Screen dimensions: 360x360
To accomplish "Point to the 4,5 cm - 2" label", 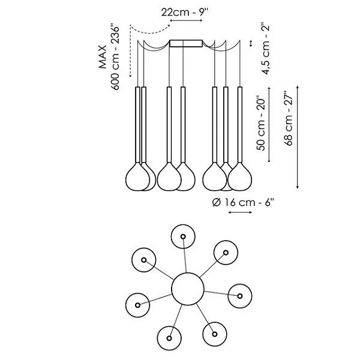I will tap(265, 47).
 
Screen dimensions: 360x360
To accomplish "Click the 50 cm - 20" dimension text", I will tap(263, 127).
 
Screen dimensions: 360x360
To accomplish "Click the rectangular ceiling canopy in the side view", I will tap(186, 43).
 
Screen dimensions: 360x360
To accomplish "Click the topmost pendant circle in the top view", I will tap(182, 237).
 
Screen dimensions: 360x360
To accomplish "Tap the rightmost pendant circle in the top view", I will tap(240, 295).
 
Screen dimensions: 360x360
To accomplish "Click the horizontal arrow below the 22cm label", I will tap(186, 21).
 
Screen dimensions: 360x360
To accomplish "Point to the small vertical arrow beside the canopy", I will tap(251, 43).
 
